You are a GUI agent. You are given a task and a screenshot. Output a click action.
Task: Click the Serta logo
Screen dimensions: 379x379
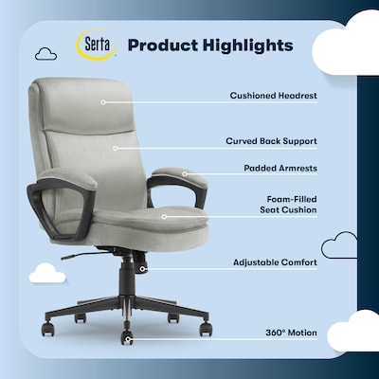point(96,45)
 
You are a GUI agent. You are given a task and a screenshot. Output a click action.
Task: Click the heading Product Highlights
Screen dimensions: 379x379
point(209,45)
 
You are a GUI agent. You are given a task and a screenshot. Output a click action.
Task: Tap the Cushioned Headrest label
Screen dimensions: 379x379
point(273,95)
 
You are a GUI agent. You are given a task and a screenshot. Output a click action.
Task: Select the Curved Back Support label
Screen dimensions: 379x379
point(271,140)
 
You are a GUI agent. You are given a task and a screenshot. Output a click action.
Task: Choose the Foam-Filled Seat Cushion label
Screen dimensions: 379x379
point(291,207)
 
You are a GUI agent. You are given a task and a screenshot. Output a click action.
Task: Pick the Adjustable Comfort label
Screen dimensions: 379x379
point(275,261)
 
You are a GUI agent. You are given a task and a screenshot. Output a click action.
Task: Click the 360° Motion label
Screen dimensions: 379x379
point(291,333)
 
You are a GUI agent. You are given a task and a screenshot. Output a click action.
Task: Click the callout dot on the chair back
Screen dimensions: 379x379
point(115,147)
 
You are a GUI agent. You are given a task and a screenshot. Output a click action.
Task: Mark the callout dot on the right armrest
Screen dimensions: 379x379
point(186,176)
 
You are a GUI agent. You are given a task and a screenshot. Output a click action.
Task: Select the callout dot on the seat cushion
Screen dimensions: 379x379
point(163,217)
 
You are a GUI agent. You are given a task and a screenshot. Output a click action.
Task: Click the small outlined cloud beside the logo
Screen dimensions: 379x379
point(45,54)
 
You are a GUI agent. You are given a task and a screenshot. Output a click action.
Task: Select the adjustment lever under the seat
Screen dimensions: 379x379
point(80,254)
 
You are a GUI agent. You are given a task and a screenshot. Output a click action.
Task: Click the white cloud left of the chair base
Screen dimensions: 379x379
point(47,274)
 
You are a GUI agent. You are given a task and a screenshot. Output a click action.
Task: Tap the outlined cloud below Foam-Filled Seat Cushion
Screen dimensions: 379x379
point(339,248)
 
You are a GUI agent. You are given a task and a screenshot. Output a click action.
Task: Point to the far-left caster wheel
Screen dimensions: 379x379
point(46,328)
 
